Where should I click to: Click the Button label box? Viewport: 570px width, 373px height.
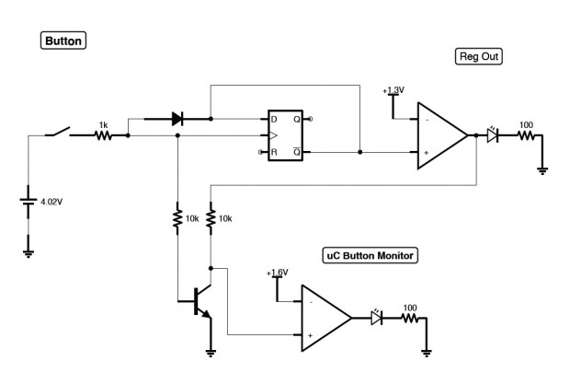pyautogui.click(x=63, y=41)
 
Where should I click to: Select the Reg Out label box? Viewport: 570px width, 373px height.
pyautogui.click(x=479, y=56)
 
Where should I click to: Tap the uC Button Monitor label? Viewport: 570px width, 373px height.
pyautogui.click(x=370, y=255)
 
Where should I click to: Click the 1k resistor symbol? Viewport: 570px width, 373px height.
pyautogui.click(x=103, y=135)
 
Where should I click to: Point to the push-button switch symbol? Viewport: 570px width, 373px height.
pyautogui.click(x=57, y=132)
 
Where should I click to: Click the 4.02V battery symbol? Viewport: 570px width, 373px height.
pyautogui.click(x=28, y=201)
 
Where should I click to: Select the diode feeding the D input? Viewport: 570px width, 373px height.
pyautogui.click(x=177, y=119)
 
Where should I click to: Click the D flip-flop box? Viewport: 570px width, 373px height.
pyautogui.click(x=285, y=135)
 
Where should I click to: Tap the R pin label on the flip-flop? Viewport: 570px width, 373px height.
pyautogui.click(x=274, y=152)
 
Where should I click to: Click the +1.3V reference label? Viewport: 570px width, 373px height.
pyautogui.click(x=393, y=90)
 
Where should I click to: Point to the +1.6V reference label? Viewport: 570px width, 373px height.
pyautogui.click(x=277, y=273)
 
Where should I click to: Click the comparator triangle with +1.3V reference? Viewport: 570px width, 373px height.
pyautogui.click(x=442, y=135)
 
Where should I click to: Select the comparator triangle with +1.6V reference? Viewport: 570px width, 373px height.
pyautogui.click(x=326, y=318)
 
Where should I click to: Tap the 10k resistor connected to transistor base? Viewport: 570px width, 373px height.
pyautogui.click(x=177, y=218)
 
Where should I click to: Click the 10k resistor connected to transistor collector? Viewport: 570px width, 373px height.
pyautogui.click(x=211, y=218)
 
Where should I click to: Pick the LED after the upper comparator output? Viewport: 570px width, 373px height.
pyautogui.click(x=492, y=134)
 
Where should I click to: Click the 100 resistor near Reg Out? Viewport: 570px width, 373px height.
pyautogui.click(x=526, y=135)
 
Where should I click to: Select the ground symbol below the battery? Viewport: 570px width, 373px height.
pyautogui.click(x=28, y=254)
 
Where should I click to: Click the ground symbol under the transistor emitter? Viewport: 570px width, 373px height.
pyautogui.click(x=211, y=353)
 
